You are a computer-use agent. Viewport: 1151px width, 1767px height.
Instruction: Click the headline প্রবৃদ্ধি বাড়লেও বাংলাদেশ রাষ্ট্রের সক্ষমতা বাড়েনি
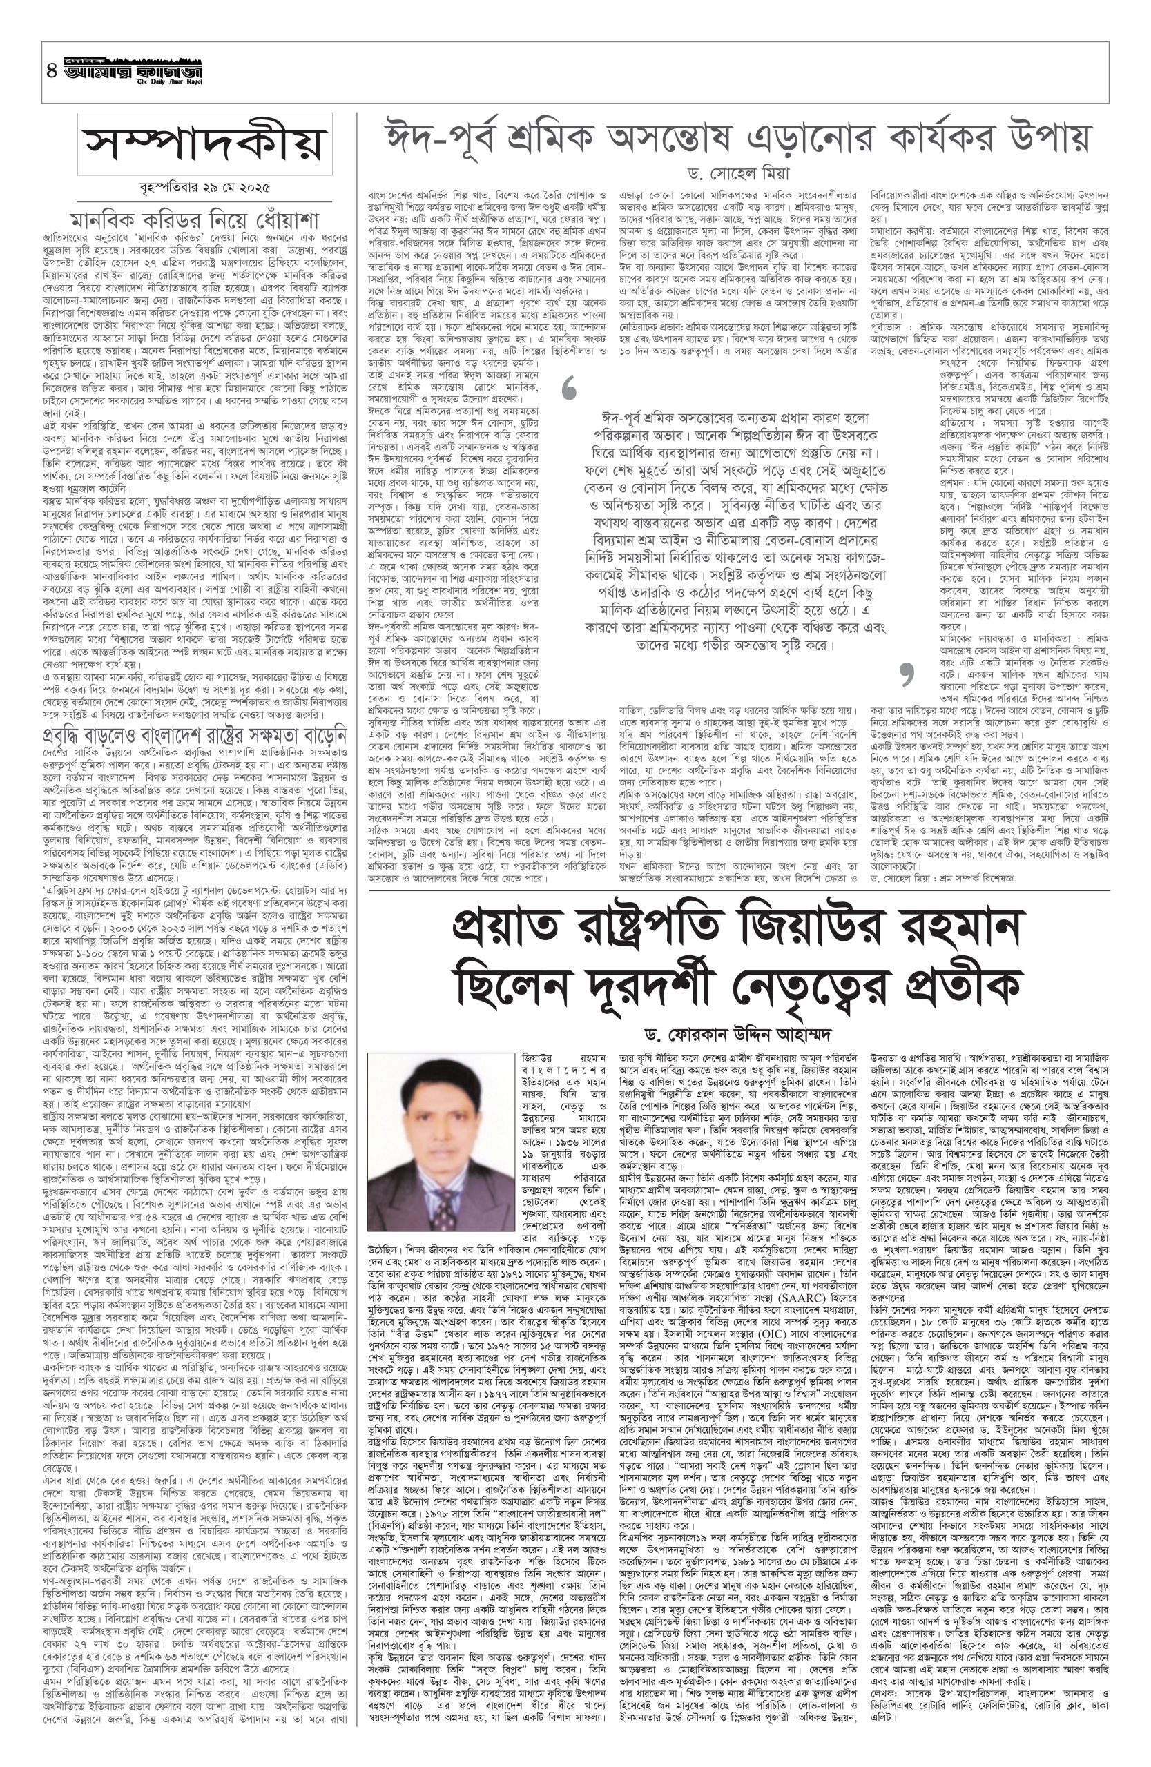(x=205, y=716)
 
